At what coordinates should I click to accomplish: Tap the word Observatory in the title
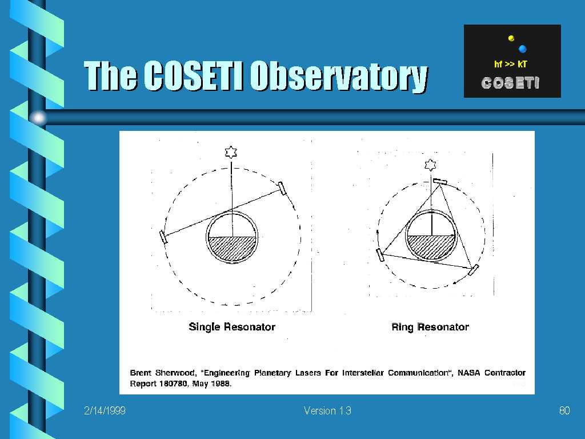tap(339, 77)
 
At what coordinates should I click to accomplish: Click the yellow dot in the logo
tap(511, 38)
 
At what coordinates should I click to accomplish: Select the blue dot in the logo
tap(523, 49)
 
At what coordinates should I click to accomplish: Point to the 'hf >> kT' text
tap(510, 64)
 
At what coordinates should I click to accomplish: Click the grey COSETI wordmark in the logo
tap(510, 83)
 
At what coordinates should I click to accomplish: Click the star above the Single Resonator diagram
tap(231, 152)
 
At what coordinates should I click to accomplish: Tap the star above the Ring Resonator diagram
tap(431, 165)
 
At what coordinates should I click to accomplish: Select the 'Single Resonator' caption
tap(232, 327)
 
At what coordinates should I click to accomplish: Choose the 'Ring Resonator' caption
tap(430, 328)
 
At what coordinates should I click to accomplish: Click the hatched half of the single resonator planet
tap(232, 248)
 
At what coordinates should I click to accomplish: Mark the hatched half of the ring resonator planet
tap(431, 246)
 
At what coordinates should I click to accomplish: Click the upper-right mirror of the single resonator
tap(282, 188)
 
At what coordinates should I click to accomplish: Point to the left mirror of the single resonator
tap(163, 237)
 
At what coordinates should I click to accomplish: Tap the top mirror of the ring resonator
tap(440, 181)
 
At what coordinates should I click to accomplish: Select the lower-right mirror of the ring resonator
tap(473, 270)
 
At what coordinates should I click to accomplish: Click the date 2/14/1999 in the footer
tap(105, 410)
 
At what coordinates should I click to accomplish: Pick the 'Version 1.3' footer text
tap(327, 410)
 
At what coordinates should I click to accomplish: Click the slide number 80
tap(564, 410)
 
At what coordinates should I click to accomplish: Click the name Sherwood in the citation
tap(175, 373)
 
